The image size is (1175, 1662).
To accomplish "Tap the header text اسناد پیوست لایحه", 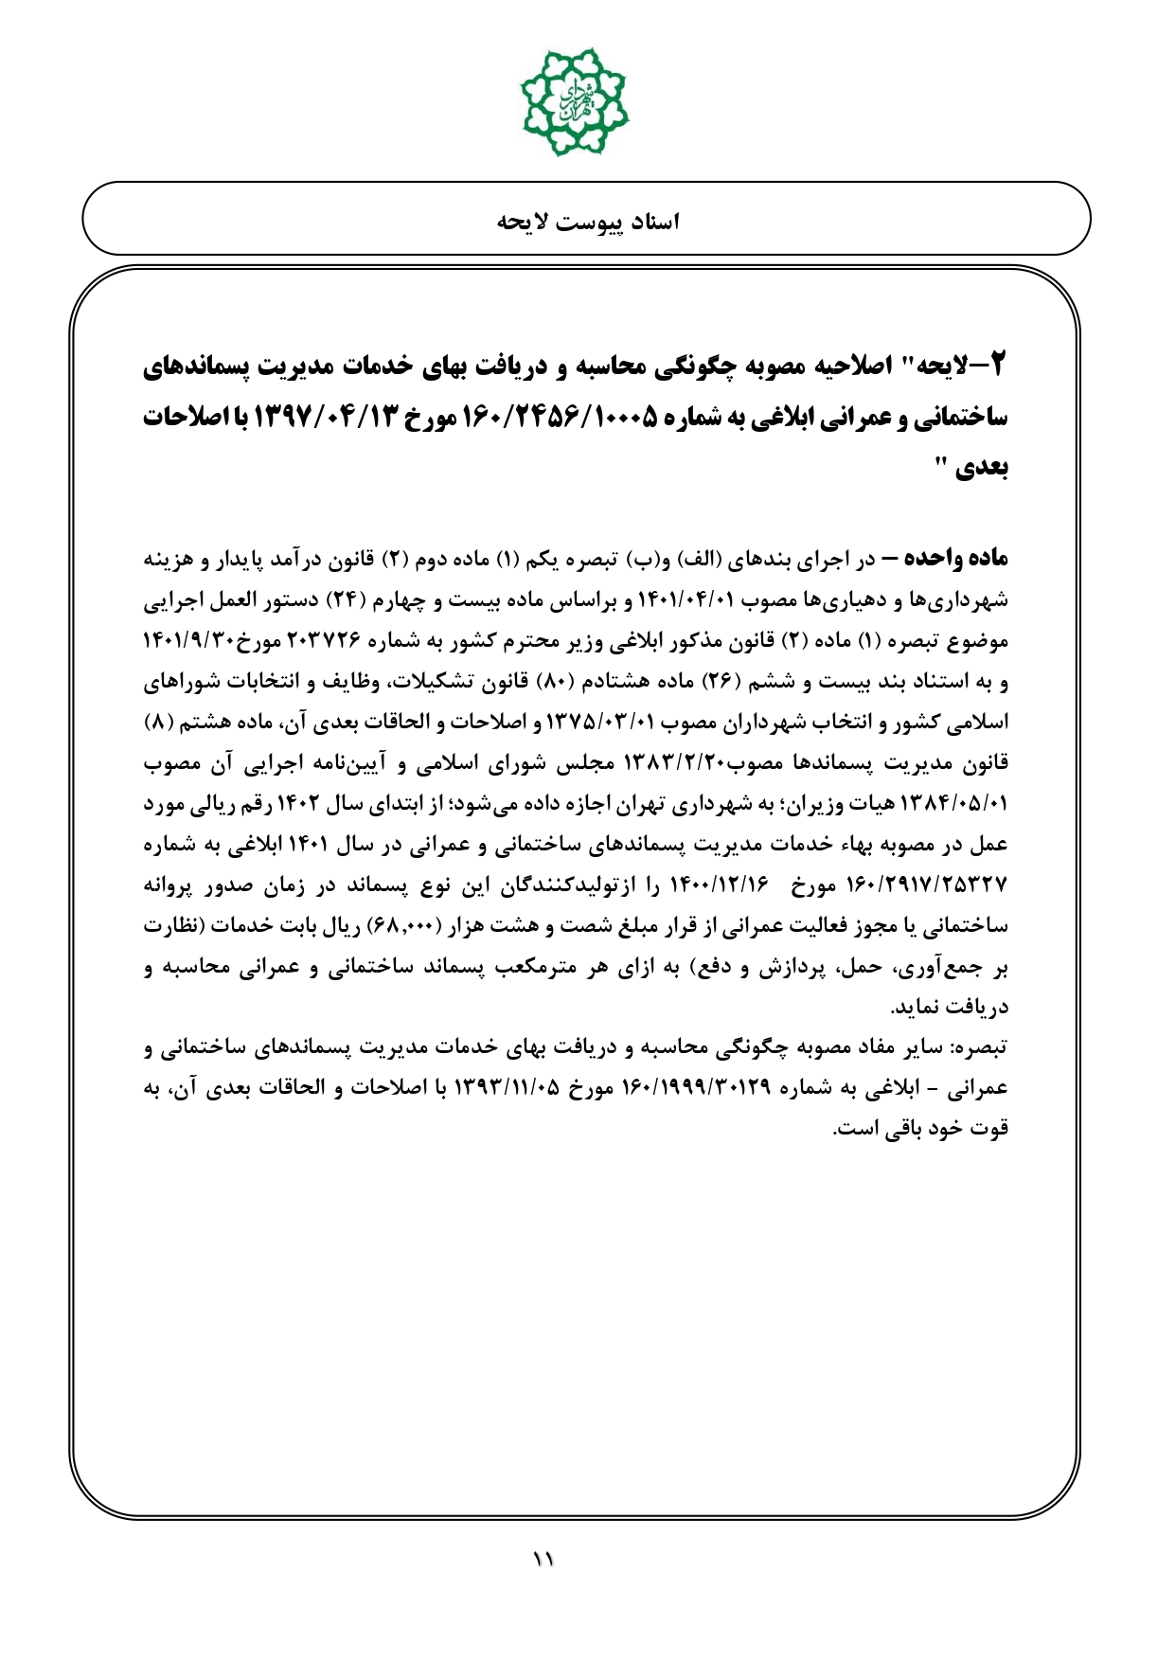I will (588, 222).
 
